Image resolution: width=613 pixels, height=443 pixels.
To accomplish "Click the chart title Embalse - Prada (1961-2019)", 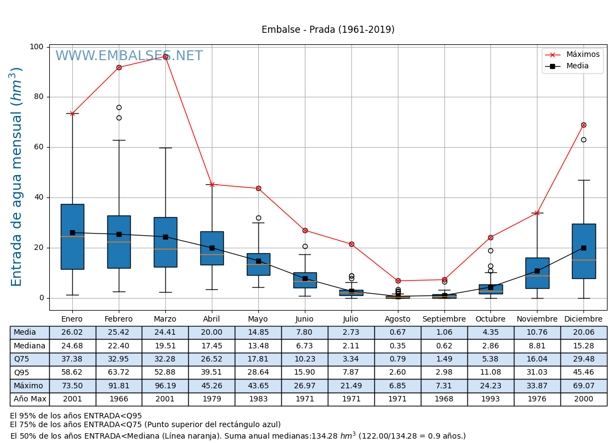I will pyautogui.click(x=328, y=30).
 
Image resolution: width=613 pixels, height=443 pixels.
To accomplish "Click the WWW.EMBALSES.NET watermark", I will pyautogui.click(x=129, y=56).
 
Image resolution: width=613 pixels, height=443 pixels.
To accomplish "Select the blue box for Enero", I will pyautogui.click(x=72, y=236).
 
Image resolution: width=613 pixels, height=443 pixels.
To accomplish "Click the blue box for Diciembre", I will pyautogui.click(x=583, y=251).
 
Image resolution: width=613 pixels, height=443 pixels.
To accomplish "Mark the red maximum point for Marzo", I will pyautogui.click(x=165, y=56).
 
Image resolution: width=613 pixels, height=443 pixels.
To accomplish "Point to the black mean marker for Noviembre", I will pyautogui.click(x=537, y=271).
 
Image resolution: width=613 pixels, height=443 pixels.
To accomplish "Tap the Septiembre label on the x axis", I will pyautogui.click(x=444, y=319).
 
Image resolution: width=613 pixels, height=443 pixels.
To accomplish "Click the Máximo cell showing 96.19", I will pyautogui.click(x=165, y=386).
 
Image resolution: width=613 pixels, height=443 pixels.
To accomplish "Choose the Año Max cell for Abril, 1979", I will pyautogui.click(x=212, y=399).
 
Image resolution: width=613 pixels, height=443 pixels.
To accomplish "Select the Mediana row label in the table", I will pyautogui.click(x=30, y=346).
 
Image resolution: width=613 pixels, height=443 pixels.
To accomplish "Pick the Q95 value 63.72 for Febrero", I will pyautogui.click(x=119, y=372).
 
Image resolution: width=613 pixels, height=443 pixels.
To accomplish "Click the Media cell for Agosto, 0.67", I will pyautogui.click(x=397, y=333).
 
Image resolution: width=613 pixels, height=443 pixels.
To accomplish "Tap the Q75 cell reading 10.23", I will pyautogui.click(x=304, y=359).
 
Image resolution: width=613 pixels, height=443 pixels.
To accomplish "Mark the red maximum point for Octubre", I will pyautogui.click(x=490, y=237).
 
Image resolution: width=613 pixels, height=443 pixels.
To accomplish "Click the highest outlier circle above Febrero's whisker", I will pyautogui.click(x=119, y=107).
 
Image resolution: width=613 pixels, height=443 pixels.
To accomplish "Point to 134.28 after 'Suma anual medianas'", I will pyautogui.click(x=327, y=436).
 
